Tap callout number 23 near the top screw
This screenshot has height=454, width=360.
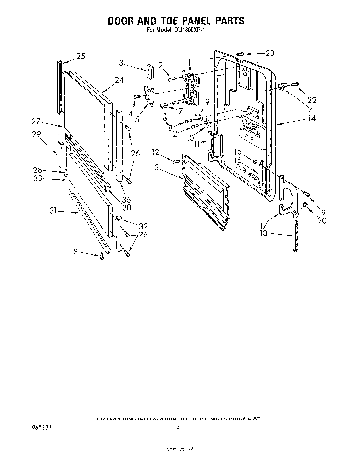pyautogui.click(x=270, y=53)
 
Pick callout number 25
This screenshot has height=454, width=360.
pyautogui.click(x=80, y=56)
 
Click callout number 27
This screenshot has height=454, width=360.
pyautogui.click(x=36, y=121)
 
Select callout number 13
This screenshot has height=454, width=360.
pyautogui.click(x=156, y=168)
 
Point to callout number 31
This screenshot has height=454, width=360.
pyautogui.click(x=53, y=211)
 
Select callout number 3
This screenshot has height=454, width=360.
pyautogui.click(x=121, y=62)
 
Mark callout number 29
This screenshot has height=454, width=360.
pyautogui.click(x=36, y=134)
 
